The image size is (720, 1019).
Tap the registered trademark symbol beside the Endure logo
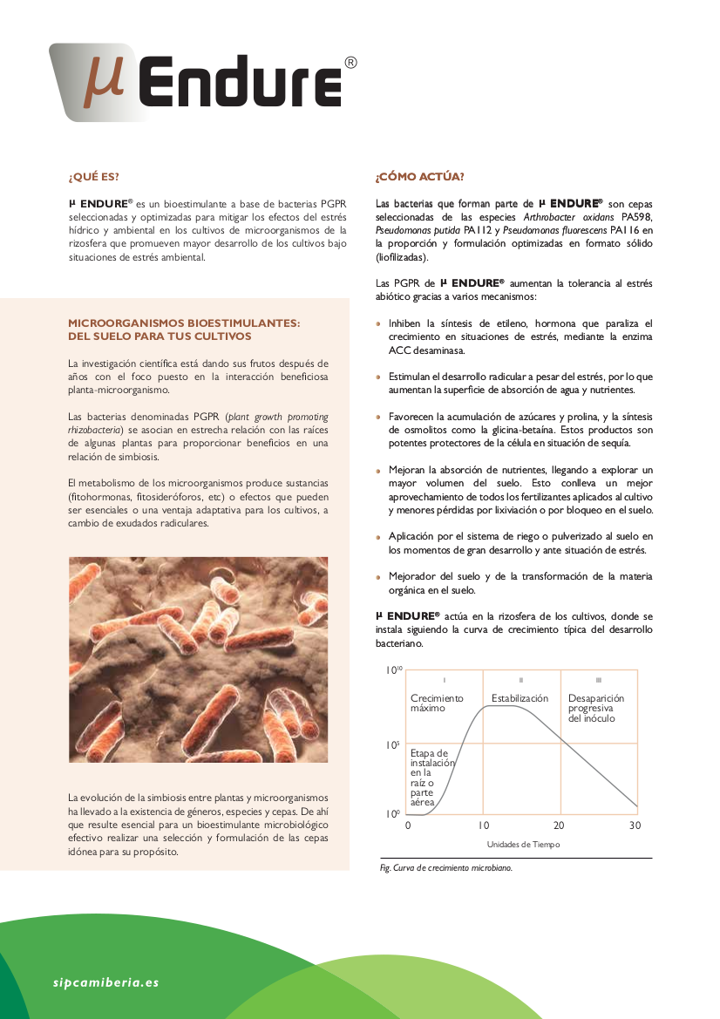point(350,63)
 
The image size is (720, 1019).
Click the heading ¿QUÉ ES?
point(93,178)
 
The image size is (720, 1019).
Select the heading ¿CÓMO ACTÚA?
point(419,178)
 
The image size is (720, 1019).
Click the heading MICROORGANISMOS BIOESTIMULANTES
point(184,323)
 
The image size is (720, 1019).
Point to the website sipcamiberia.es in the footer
point(105,982)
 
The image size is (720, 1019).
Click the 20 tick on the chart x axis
point(559,825)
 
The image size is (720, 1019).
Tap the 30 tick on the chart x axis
point(635,825)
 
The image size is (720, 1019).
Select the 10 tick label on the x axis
point(484,825)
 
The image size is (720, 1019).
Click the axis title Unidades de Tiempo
point(523,844)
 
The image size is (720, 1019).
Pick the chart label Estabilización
point(520,698)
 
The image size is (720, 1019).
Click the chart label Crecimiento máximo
point(437,703)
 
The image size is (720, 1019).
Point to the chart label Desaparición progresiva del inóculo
point(596,708)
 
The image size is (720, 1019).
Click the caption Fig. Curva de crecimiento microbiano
point(446,868)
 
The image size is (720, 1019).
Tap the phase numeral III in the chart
point(598,679)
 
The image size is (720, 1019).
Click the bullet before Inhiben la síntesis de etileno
point(378,323)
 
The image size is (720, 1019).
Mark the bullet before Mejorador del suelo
point(378,577)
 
